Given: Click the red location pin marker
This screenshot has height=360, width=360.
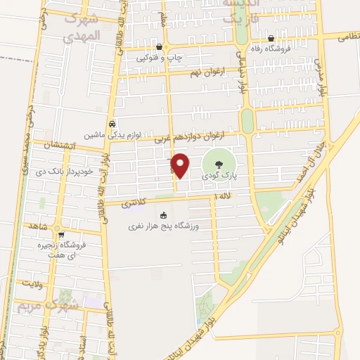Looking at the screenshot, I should (x=181, y=165).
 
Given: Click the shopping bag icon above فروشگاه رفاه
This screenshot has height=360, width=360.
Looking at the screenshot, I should (x=271, y=39).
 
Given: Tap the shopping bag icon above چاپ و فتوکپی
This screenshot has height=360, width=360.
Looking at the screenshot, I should (x=160, y=48).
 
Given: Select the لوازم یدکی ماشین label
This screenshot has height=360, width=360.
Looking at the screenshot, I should (x=111, y=134).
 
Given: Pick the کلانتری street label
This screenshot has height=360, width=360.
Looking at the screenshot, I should (x=135, y=204).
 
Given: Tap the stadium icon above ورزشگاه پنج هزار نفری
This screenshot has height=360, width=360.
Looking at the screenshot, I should (x=163, y=216).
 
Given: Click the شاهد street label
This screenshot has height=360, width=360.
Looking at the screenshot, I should (x=36, y=227).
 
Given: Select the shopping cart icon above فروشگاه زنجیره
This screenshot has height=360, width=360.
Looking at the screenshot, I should (x=61, y=235).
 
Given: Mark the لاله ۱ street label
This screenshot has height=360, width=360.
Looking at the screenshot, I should (x=224, y=195).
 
